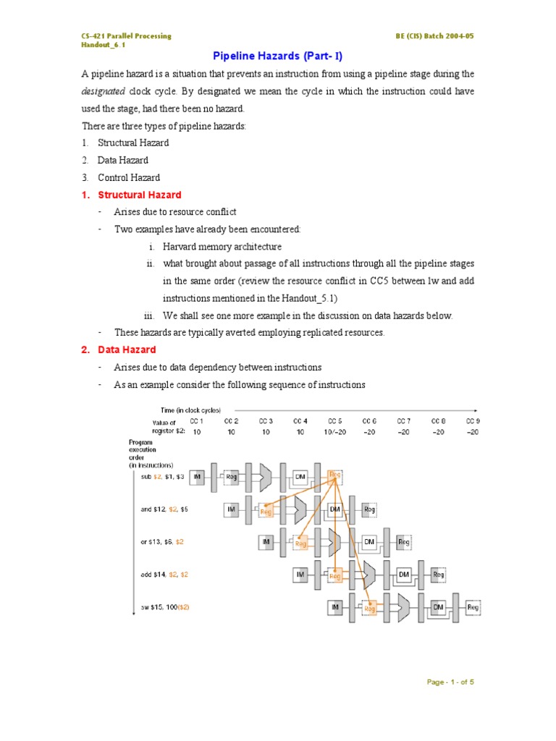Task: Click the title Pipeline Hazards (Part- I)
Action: tap(277, 56)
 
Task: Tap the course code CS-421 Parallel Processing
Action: tap(126, 36)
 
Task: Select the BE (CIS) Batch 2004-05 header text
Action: tap(435, 36)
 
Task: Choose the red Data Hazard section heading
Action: tap(127, 350)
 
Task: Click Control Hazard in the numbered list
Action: tap(129, 177)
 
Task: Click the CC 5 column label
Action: tap(334, 420)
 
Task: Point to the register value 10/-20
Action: tap(334, 431)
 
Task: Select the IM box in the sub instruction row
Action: tap(198, 477)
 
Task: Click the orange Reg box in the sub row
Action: tap(334, 475)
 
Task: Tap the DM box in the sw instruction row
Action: tap(438, 609)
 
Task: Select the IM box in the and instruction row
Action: tap(232, 509)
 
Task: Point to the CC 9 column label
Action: tap(473, 420)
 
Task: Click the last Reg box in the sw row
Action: tap(473, 609)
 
